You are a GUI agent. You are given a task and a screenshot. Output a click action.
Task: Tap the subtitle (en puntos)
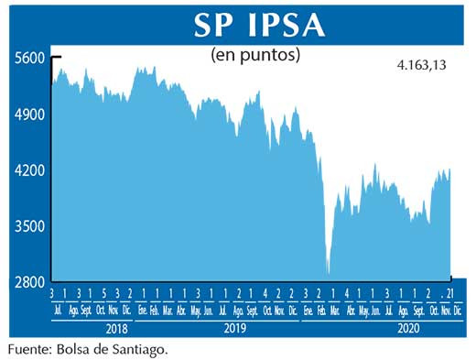pos(255,55)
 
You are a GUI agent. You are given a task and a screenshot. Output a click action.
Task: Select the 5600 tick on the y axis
pos(29,58)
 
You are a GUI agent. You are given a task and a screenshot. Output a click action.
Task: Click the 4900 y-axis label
pos(29,115)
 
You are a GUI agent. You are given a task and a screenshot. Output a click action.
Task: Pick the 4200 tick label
pos(29,170)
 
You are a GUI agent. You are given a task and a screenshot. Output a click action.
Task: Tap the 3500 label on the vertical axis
pos(29,226)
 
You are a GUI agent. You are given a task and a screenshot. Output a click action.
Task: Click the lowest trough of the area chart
pos(328,272)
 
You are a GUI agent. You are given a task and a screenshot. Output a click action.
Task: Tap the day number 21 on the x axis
pos(448,293)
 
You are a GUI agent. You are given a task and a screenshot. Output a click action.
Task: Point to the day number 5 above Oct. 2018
pos(103,293)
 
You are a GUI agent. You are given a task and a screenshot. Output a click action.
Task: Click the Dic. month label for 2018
pos(131,310)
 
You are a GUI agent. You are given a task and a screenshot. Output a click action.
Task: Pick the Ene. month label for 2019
pos(144,310)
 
